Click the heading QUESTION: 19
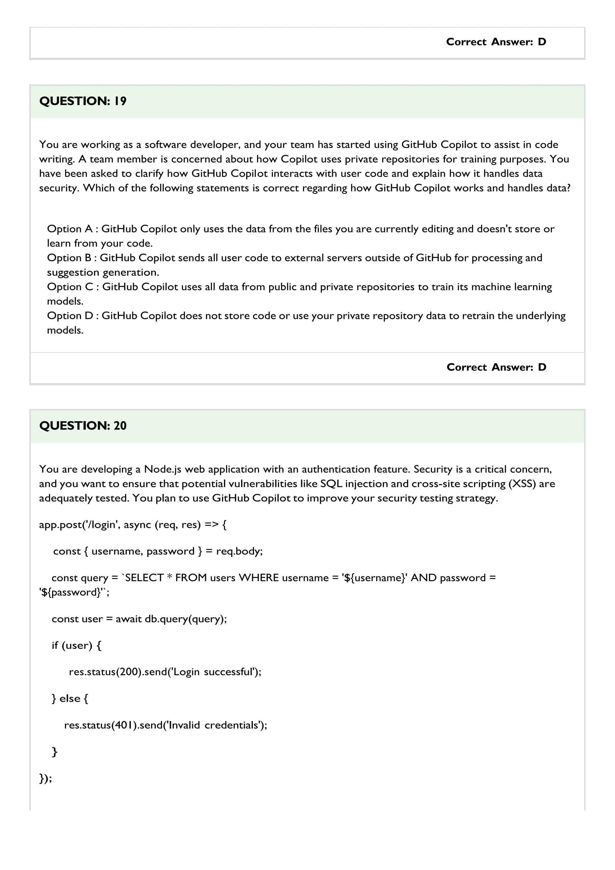click(x=83, y=101)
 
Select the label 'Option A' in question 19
click(x=70, y=229)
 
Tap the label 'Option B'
click(x=69, y=258)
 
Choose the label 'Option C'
click(x=70, y=287)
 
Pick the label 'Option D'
click(x=70, y=316)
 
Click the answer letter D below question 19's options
click(x=542, y=367)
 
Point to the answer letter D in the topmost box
click(x=542, y=42)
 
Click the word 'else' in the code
click(x=70, y=698)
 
